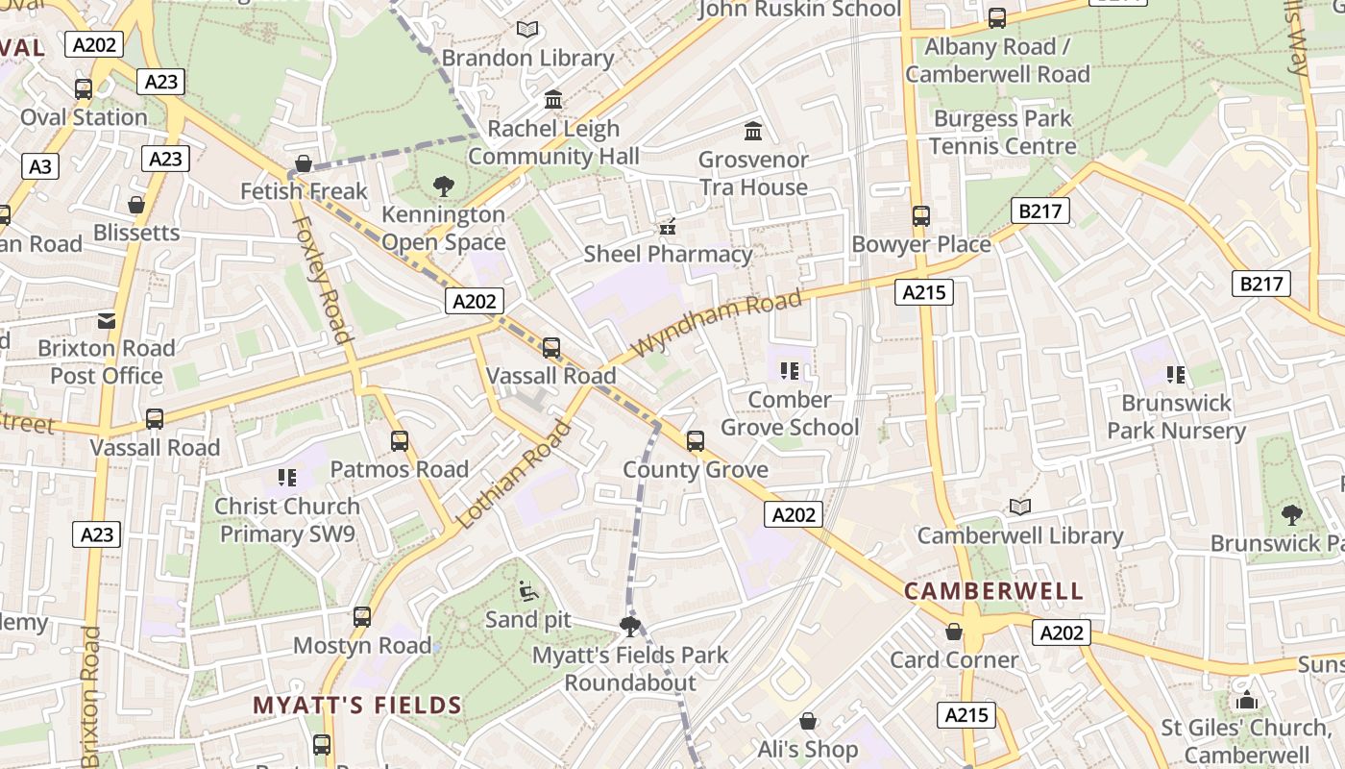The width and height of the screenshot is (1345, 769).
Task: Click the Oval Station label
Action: (x=84, y=117)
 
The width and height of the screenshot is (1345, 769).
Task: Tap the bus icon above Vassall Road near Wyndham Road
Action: (x=551, y=347)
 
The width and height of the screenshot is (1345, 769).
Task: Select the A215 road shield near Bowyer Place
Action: (x=923, y=291)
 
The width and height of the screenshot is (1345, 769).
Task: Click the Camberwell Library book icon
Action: (x=1019, y=507)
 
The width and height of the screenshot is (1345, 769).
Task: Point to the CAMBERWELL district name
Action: (x=994, y=590)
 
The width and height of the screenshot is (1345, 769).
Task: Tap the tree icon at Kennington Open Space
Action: (x=443, y=186)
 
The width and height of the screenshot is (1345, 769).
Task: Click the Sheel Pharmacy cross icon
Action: (x=668, y=227)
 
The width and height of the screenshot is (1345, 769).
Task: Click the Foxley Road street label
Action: (x=320, y=279)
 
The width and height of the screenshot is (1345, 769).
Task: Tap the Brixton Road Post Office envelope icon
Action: (x=107, y=320)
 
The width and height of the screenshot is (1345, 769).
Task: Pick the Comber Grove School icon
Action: (x=790, y=371)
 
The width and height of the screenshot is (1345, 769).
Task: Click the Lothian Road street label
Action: (x=513, y=475)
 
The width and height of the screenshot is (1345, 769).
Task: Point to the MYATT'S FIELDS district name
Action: (x=357, y=706)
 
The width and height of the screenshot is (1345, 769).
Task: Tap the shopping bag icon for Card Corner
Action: (x=954, y=632)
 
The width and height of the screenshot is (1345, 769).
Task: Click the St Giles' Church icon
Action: (x=1247, y=700)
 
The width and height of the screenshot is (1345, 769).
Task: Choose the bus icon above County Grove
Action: (x=696, y=441)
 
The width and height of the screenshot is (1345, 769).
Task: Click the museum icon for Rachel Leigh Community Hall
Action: (x=553, y=100)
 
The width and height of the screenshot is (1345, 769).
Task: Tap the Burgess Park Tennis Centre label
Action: (x=1002, y=133)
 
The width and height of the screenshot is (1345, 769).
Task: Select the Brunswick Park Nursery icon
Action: (x=1175, y=375)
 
